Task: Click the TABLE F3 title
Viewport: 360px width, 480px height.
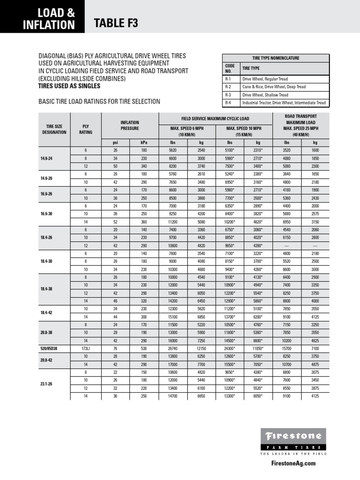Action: [x=116, y=23]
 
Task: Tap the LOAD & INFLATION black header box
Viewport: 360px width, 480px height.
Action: [x=42, y=17]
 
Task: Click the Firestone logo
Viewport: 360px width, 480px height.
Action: [x=294, y=436]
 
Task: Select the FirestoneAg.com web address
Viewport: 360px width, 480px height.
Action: [x=294, y=463]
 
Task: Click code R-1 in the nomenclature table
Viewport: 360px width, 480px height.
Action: [x=229, y=79]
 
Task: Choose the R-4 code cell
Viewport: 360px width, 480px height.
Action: [x=229, y=103]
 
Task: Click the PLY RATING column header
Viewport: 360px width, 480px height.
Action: [x=85, y=129]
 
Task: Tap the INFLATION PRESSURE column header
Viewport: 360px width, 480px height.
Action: [x=130, y=125]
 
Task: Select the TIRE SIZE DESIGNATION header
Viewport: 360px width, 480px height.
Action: [x=53, y=129]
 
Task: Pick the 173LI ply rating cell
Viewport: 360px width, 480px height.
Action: [x=85, y=349]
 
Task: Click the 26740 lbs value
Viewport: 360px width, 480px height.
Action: [x=173, y=349]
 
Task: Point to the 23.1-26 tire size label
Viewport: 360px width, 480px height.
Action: [x=47, y=385]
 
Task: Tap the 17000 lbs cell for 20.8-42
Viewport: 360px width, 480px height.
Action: [x=173, y=364]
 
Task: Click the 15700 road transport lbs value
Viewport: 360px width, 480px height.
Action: [x=287, y=349]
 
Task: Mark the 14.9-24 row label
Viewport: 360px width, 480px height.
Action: [x=47, y=158]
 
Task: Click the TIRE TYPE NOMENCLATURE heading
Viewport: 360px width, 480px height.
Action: [x=276, y=58]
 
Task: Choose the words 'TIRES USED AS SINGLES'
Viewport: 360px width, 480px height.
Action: [x=69, y=86]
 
